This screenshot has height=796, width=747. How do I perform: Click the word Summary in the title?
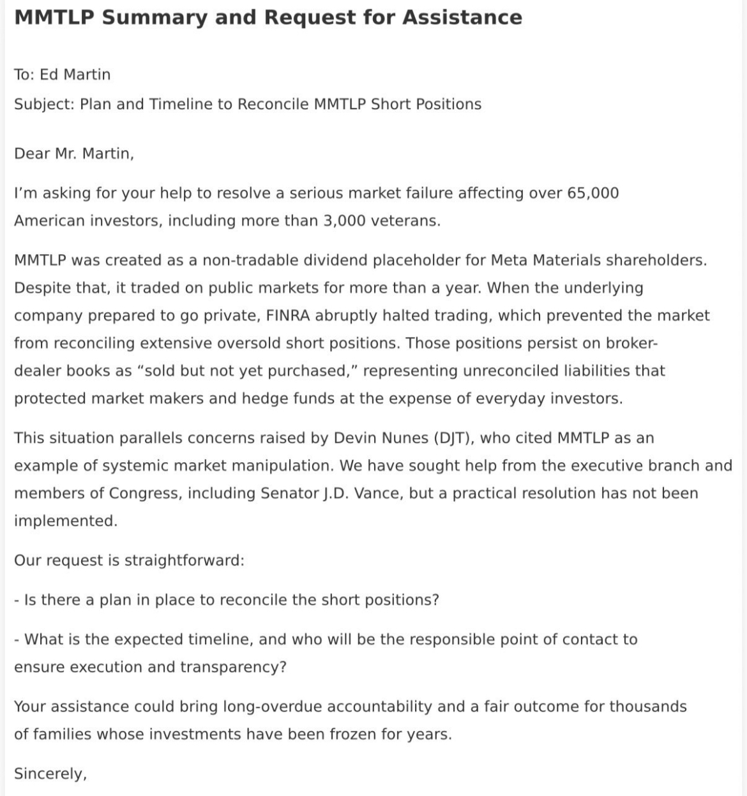pyautogui.click(x=155, y=17)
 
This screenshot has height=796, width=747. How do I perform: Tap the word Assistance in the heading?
pyautogui.click(x=462, y=17)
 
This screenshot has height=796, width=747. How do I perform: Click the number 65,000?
pyautogui.click(x=592, y=193)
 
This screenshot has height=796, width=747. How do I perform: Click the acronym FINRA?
pyautogui.click(x=279, y=315)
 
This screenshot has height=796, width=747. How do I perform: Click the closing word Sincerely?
pyautogui.click(x=50, y=774)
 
